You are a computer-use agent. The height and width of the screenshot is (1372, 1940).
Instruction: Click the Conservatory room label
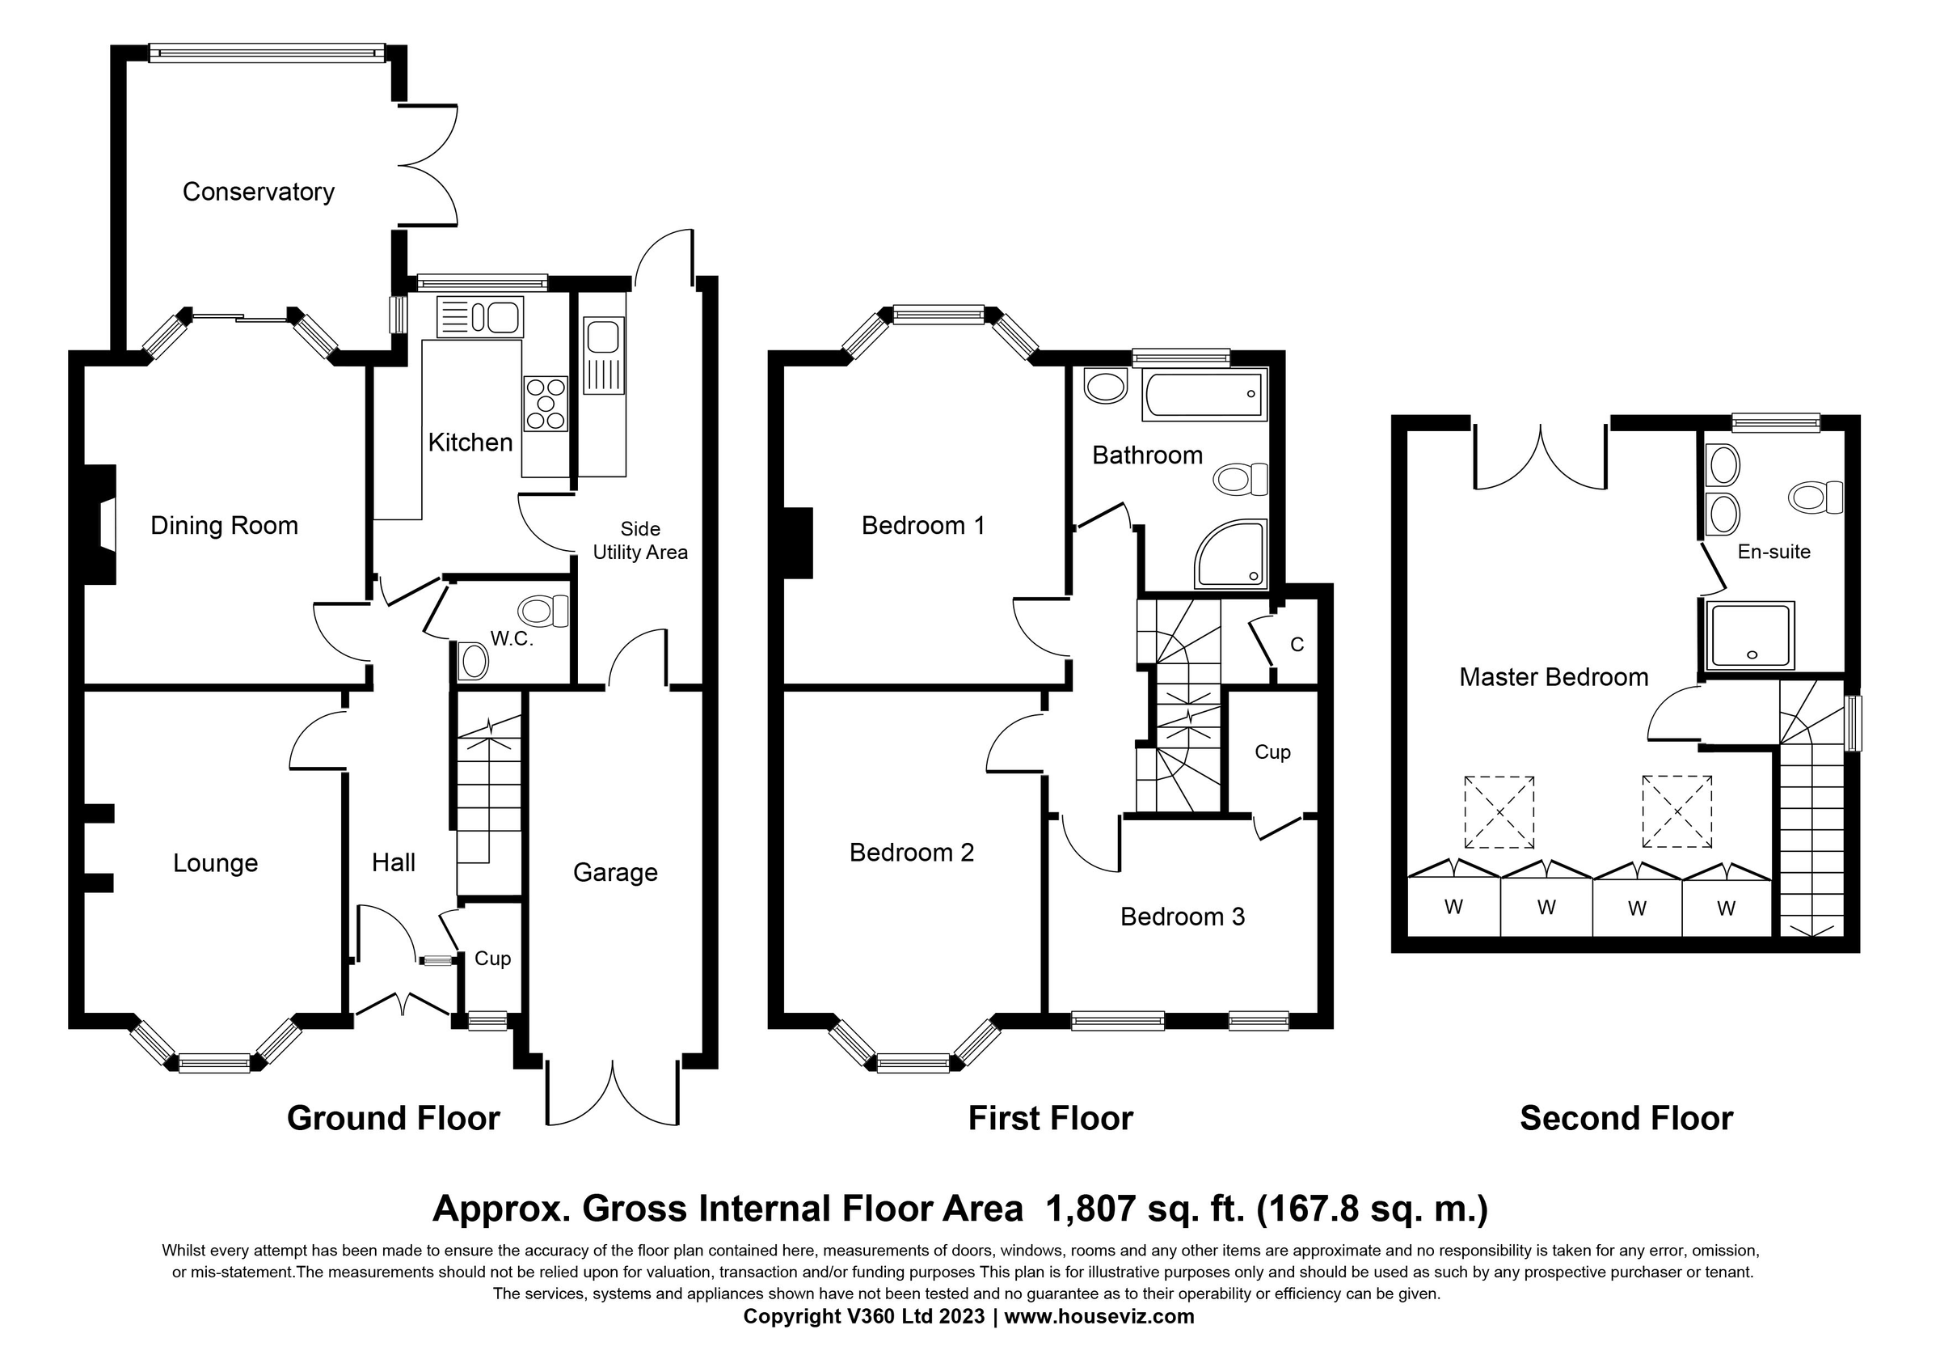259,192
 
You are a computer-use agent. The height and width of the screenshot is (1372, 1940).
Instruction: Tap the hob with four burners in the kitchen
546,404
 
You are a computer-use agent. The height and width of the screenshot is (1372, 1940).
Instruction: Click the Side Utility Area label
639,541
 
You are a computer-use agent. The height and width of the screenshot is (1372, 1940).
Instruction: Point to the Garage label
615,872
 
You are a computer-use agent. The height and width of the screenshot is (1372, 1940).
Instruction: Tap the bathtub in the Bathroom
1204,395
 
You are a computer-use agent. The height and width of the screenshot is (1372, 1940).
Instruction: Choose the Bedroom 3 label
1182,917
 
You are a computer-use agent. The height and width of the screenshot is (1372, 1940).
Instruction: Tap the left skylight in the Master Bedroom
1499,812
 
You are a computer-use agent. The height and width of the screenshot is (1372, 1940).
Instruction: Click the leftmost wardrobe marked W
1453,908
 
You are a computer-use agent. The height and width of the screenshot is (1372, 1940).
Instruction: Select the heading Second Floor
1626,1119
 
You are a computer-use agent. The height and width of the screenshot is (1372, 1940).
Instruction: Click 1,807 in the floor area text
1090,1209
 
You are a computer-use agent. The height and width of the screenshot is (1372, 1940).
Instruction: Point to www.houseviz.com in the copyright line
1099,1317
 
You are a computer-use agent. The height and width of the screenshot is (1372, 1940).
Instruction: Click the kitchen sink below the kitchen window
480,317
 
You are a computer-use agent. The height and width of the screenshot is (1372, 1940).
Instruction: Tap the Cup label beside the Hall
492,959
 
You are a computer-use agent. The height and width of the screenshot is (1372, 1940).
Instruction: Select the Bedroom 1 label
922,526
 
